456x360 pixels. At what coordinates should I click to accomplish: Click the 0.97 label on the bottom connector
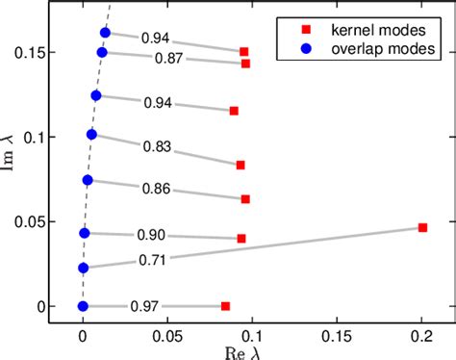tap(144, 306)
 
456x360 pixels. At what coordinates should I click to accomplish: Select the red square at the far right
tap(422, 228)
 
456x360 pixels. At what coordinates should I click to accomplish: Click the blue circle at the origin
tap(83, 306)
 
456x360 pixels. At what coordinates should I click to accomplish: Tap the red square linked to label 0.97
tap(225, 306)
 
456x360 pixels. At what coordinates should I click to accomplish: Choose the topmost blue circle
tap(105, 33)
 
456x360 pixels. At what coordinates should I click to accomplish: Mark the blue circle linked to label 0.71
tap(83, 268)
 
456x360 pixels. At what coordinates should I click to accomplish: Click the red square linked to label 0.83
tap(241, 165)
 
